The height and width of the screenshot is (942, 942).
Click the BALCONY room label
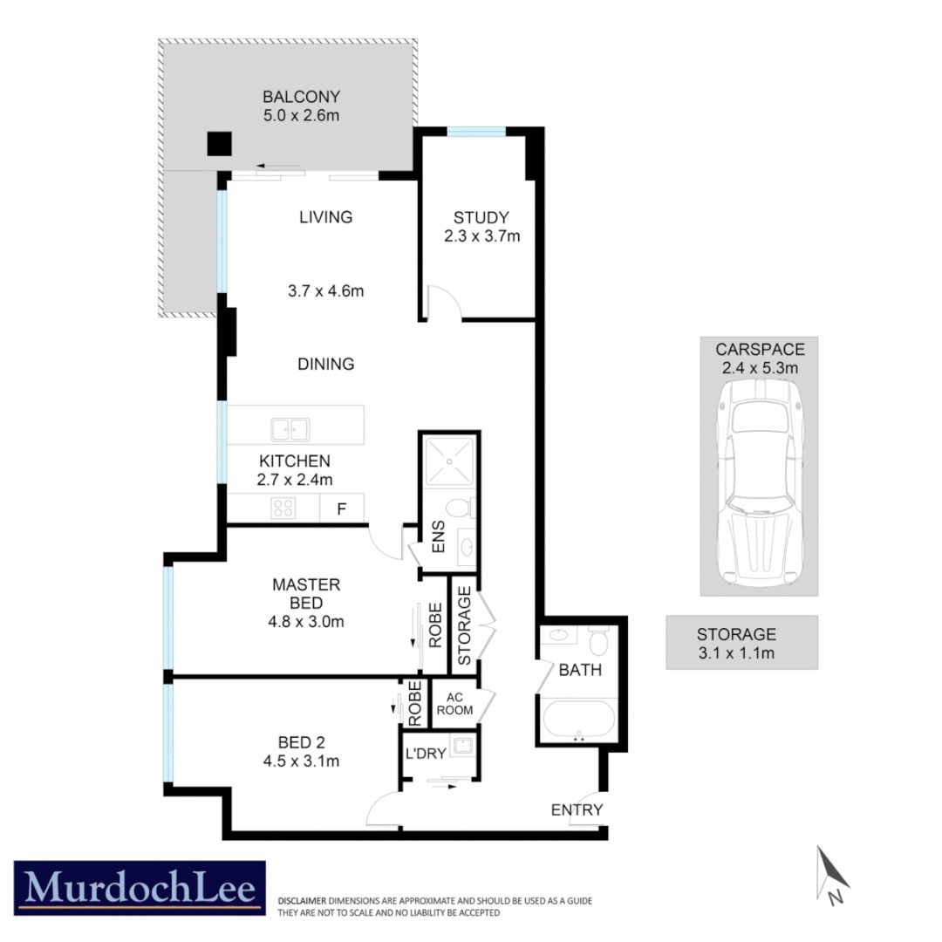point(301,97)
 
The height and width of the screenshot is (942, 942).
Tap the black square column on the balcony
point(219,144)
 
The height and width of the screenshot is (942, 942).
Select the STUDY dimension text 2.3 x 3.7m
point(481,236)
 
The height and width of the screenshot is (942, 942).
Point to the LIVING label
point(324,217)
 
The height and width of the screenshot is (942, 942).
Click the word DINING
point(324,364)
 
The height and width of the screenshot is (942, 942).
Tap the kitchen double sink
point(289,428)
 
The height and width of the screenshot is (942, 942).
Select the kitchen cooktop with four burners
point(283,508)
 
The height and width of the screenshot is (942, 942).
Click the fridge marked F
point(342,509)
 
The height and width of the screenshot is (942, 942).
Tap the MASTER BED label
point(305,603)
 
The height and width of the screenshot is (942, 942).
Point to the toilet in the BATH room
point(598,641)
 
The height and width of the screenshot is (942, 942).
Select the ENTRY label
point(577,810)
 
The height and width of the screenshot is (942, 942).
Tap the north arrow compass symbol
point(830,874)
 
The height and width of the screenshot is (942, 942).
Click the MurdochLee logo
point(140,888)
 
